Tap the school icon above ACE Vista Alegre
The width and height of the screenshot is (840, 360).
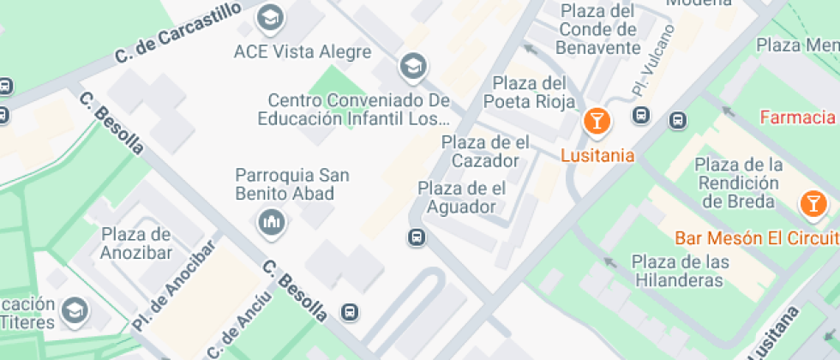271,15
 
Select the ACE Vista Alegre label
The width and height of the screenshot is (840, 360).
303,51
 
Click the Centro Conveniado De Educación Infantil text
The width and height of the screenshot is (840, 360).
358,110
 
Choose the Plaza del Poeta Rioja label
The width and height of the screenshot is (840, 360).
530,93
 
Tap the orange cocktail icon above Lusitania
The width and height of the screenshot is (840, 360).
597,121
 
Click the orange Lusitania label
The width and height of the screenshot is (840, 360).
597,155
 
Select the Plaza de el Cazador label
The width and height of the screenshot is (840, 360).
485,151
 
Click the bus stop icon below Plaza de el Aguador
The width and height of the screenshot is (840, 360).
417,237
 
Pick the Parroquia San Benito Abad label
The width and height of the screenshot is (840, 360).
292,184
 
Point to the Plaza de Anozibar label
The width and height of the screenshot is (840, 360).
137,243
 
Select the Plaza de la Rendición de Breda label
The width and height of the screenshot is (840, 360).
737,183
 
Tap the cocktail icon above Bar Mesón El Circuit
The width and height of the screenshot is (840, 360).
811,203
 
